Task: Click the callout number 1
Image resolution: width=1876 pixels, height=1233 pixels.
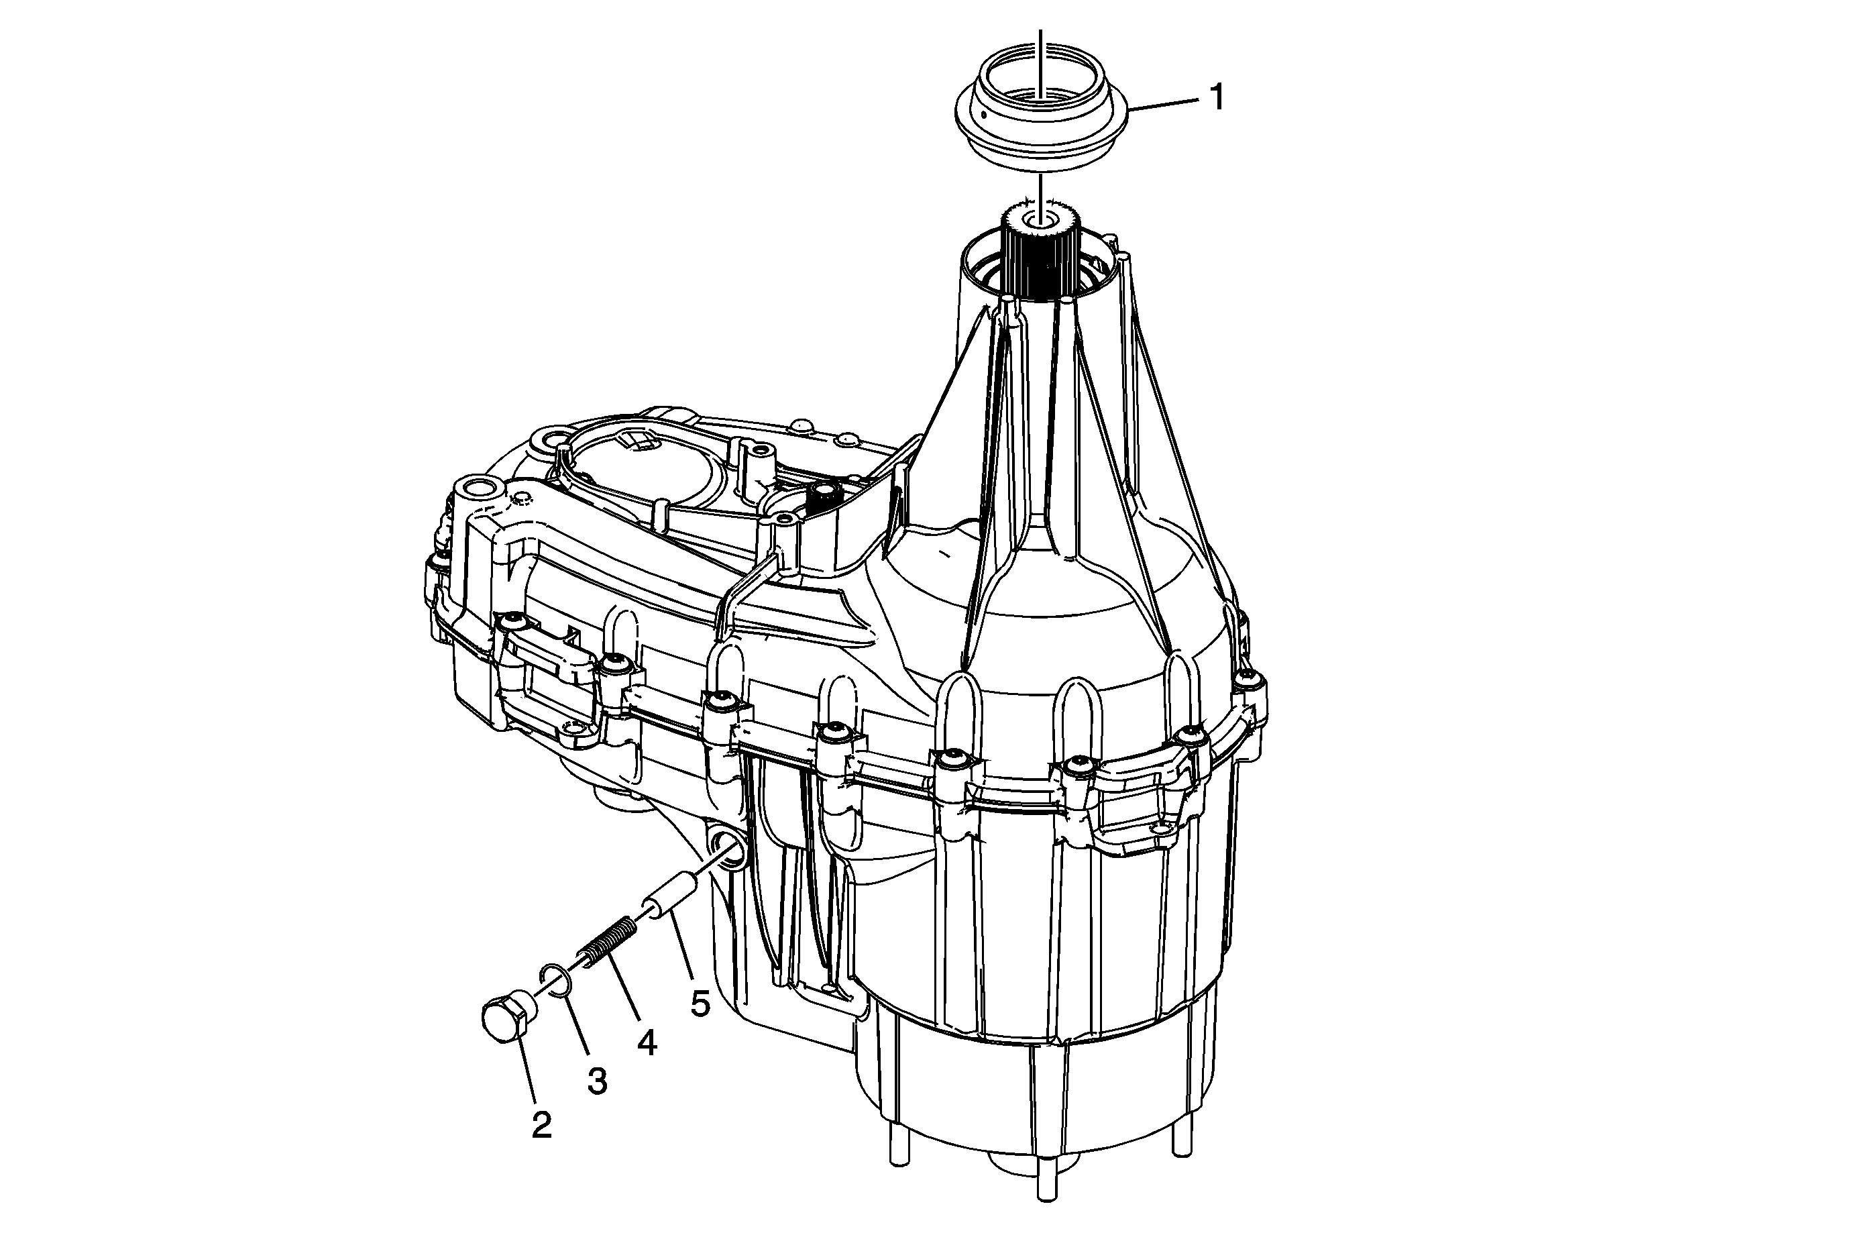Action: coord(1217,98)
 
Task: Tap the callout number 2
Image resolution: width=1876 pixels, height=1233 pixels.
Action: coord(541,1126)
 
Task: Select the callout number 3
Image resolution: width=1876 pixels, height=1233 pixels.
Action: coord(598,1081)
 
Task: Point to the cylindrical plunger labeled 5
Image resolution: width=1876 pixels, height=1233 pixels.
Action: coord(671,896)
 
